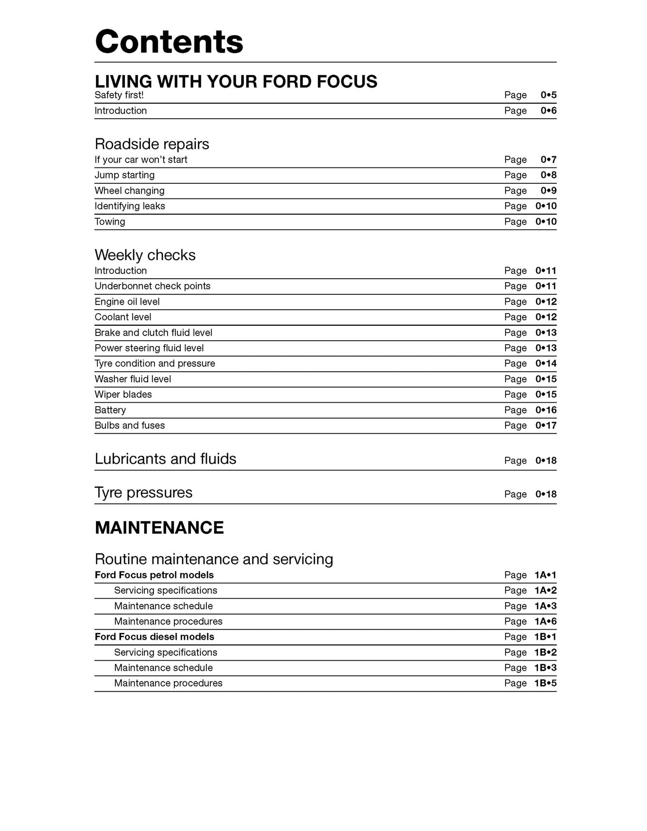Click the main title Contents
click(169, 42)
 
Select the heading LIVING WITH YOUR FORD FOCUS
click(236, 81)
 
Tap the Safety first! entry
click(119, 95)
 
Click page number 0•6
click(548, 111)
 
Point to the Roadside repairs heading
click(152, 144)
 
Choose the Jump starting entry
click(124, 175)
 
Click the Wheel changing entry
click(129, 191)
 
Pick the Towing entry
click(110, 222)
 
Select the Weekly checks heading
click(145, 255)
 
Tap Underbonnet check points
click(153, 286)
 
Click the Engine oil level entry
click(127, 302)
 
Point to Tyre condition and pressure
click(154, 363)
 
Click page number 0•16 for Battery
click(546, 410)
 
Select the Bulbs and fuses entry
click(129, 425)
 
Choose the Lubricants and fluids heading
click(165, 459)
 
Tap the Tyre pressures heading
click(143, 493)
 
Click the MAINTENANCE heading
click(159, 528)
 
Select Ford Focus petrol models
click(154, 575)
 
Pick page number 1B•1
click(545, 637)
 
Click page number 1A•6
click(545, 621)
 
